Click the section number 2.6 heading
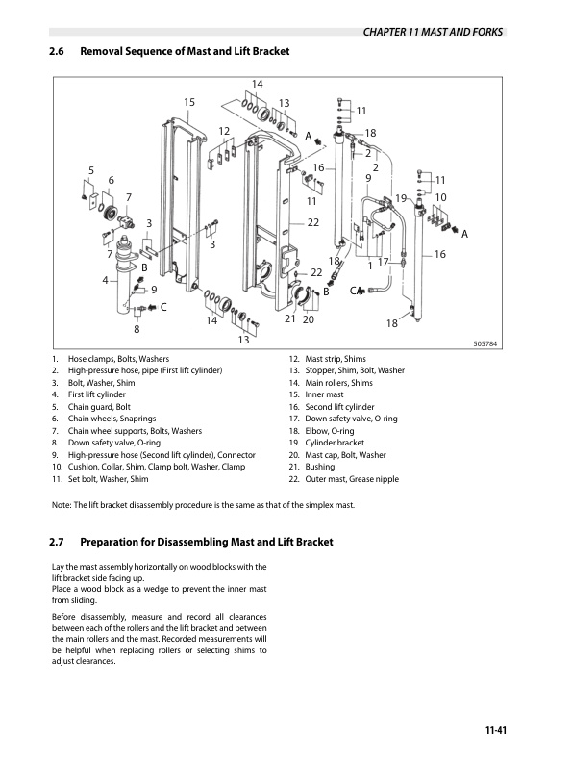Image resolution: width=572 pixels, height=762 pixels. (57, 51)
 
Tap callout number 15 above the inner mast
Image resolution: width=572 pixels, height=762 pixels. (188, 102)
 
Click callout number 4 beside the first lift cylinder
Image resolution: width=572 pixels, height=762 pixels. (106, 280)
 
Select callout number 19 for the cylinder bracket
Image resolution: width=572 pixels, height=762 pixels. (401, 198)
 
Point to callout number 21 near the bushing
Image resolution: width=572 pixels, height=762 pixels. (290, 318)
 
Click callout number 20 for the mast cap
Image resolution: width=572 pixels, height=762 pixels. (309, 319)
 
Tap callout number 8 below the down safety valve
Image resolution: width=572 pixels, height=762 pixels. (137, 329)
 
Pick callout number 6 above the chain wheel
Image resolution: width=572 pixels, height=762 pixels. (112, 180)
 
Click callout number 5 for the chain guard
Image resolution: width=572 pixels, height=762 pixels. (91, 170)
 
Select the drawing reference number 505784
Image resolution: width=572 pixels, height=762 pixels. (485, 344)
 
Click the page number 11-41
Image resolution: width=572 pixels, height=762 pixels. (495, 730)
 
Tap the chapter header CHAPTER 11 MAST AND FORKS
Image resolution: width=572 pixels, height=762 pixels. (433, 32)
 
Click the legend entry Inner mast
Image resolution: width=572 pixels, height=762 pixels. (324, 394)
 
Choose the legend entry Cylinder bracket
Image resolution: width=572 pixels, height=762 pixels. (335, 443)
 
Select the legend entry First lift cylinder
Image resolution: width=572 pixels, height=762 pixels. (97, 394)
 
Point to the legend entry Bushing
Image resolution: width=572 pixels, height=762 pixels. (319, 467)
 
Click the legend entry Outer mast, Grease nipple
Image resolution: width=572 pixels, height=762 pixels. (352, 479)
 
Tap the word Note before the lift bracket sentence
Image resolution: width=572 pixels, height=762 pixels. (61, 505)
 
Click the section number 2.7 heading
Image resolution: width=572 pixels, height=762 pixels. (57, 542)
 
